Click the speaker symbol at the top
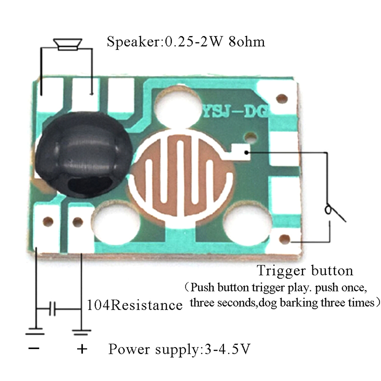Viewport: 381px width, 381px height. point(66,44)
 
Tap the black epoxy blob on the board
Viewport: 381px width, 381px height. point(79,152)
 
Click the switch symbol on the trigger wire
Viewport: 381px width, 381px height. point(332,212)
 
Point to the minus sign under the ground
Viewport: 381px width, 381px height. point(34,349)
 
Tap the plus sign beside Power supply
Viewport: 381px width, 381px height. point(82,350)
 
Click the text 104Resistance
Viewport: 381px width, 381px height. point(135,305)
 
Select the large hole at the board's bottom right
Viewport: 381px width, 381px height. point(246,224)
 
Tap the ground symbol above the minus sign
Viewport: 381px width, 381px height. point(35,330)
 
